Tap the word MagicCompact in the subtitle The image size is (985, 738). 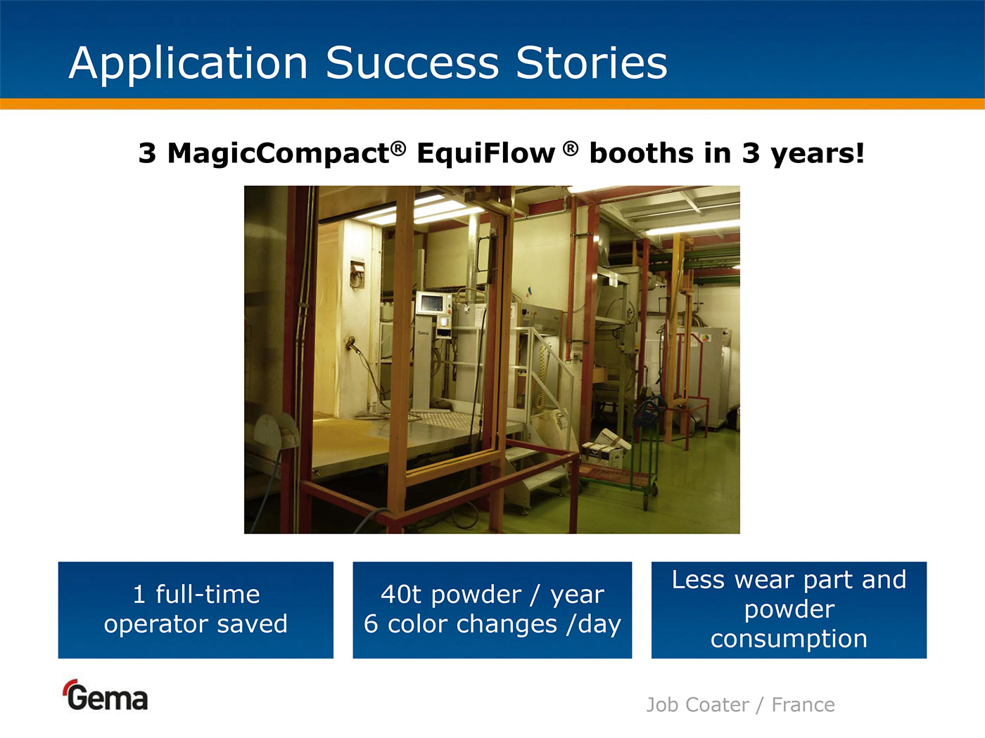tap(278, 155)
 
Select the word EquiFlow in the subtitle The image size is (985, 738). tap(486, 154)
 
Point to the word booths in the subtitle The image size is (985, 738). tap(642, 154)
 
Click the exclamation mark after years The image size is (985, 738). tap(859, 153)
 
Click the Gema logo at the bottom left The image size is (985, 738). tap(106, 695)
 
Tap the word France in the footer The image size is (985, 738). tap(803, 705)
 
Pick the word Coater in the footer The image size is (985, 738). tap(718, 705)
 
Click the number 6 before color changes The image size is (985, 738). tap(371, 624)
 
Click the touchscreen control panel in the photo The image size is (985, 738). tap(433, 304)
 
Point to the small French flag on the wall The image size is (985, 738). tap(529, 292)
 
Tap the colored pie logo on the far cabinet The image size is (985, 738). tap(705, 337)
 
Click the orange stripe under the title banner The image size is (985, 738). tap(493, 103)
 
